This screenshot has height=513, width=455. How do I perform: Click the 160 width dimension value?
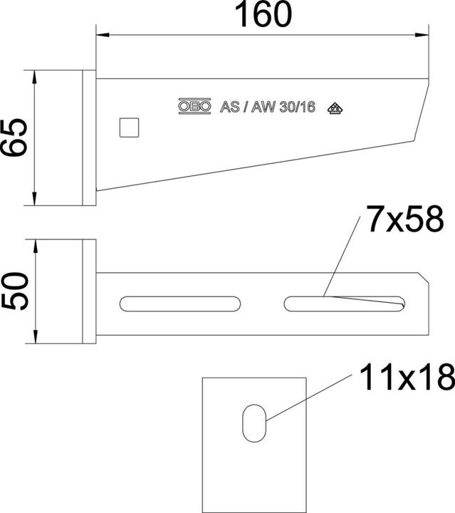pos(263,15)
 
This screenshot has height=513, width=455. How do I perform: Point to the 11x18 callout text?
pos(407,378)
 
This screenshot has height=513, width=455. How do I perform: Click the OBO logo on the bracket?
pos(194,108)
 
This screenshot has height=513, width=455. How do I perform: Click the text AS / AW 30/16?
pos(268,108)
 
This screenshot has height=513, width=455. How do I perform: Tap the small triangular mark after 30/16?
pos(335,108)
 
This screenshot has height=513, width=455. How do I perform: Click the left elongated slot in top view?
pos(180,304)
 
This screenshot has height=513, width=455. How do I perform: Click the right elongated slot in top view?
pos(345,304)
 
